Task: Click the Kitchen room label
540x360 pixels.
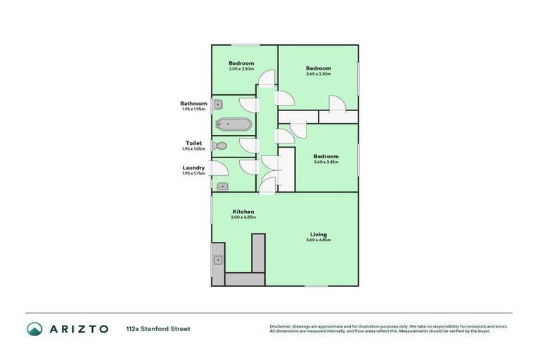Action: click(243, 212)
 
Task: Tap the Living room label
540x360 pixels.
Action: click(319, 234)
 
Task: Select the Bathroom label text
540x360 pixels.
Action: click(193, 103)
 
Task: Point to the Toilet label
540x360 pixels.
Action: click(193, 143)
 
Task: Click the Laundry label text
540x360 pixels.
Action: click(193, 167)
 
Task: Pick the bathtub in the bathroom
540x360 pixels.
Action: click(233, 124)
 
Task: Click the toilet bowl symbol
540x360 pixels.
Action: click(219, 146)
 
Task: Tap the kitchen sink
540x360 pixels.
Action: click(218, 260)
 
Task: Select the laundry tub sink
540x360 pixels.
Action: click(222, 186)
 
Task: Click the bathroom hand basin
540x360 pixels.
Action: click(218, 104)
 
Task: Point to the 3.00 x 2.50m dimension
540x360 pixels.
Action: click(240, 69)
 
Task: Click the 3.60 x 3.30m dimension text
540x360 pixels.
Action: click(318, 75)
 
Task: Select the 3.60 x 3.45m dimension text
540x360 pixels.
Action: click(326, 162)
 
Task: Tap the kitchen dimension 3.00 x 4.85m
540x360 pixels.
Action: click(243, 217)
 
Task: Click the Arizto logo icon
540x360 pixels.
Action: click(34, 328)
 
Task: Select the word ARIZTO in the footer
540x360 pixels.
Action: click(79, 328)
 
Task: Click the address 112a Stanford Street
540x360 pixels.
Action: click(158, 328)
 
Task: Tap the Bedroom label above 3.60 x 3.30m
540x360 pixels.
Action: click(318, 68)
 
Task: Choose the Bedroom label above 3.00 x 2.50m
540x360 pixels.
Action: click(240, 63)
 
